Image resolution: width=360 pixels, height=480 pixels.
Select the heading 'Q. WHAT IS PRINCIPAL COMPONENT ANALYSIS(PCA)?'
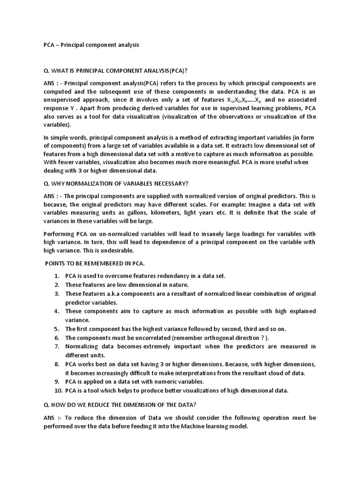[x=115, y=71]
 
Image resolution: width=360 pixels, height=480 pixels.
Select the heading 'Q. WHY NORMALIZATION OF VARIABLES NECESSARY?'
[x=115, y=182]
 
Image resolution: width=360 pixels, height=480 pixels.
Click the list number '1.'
[x=56, y=276]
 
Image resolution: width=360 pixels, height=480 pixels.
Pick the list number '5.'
[x=56, y=329]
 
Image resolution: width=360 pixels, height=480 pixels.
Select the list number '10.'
[x=55, y=390]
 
